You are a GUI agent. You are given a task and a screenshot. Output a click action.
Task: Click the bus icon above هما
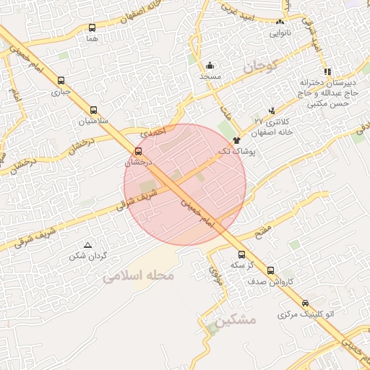coord(92,28)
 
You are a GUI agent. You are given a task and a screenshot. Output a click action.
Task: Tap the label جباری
coord(59,92)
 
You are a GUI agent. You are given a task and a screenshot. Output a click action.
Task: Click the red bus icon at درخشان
coord(139,151)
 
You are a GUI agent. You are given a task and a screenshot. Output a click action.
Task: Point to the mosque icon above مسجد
coord(210,65)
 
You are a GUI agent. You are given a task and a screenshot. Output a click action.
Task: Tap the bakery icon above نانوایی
coord(280,22)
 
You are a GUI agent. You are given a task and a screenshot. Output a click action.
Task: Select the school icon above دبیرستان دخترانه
coord(327,72)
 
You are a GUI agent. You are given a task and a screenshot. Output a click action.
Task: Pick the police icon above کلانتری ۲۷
coord(272,111)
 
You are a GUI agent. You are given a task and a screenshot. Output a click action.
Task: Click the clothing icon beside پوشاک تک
coord(236,139)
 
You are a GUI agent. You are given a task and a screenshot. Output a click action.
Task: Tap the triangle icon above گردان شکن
coord(88,245)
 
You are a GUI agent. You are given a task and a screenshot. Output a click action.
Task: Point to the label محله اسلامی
coord(140,276)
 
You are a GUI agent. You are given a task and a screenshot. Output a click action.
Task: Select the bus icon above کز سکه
coord(241,254)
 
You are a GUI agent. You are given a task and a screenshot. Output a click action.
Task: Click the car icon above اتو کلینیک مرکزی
coord(306,304)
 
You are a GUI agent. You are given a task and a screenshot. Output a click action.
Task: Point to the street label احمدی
coord(154,132)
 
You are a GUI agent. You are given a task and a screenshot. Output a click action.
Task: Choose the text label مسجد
coord(210,76)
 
